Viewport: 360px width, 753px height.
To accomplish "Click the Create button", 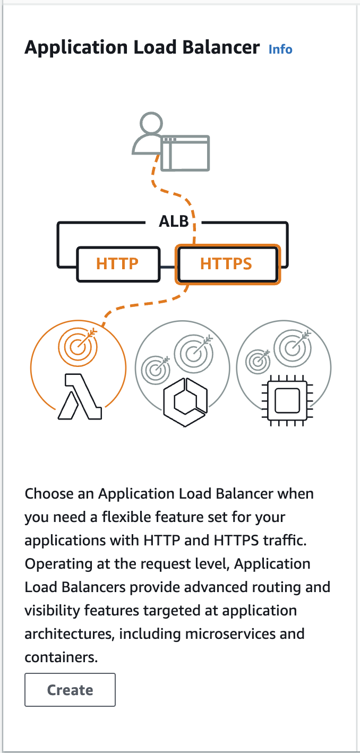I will [x=70, y=690].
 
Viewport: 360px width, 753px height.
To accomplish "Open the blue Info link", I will [x=280, y=49].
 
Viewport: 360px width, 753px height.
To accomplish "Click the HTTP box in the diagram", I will [x=117, y=263].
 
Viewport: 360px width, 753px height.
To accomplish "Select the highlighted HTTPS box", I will [x=226, y=263].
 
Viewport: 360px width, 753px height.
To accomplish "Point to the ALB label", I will [x=174, y=220].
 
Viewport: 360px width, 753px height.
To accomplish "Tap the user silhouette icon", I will [x=147, y=135].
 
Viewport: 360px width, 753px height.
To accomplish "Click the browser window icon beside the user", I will [x=185, y=153].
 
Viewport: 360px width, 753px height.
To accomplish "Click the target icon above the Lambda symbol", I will [x=78, y=346].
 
